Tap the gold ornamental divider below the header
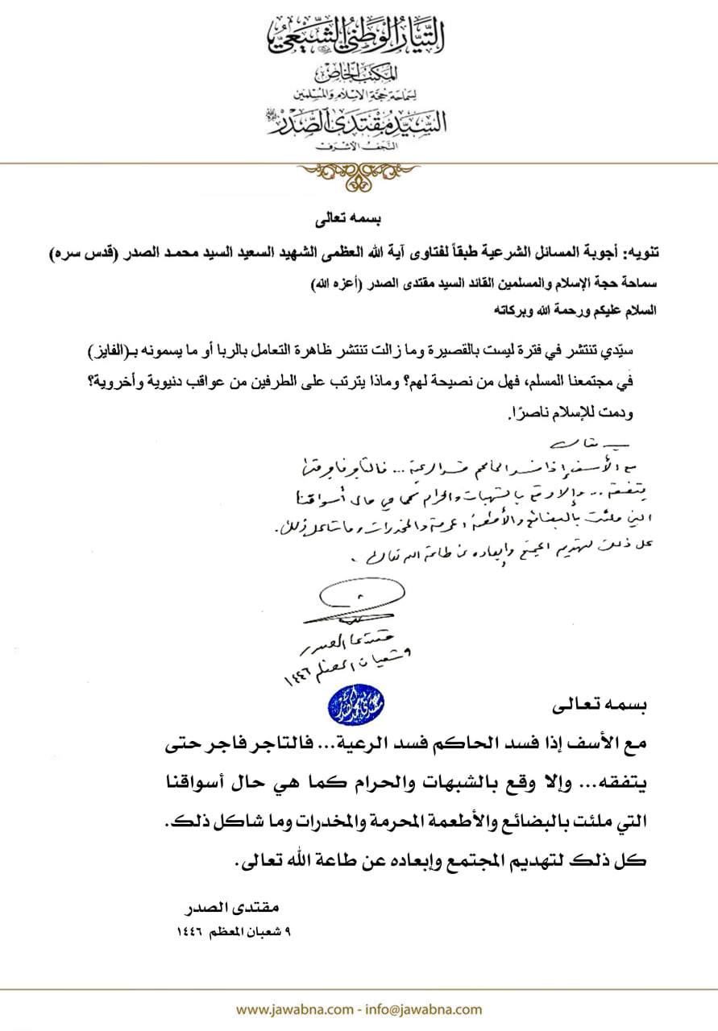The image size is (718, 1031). click(x=359, y=174)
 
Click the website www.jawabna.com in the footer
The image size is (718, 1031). click(x=293, y=1008)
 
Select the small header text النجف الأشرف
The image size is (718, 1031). click(x=358, y=146)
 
